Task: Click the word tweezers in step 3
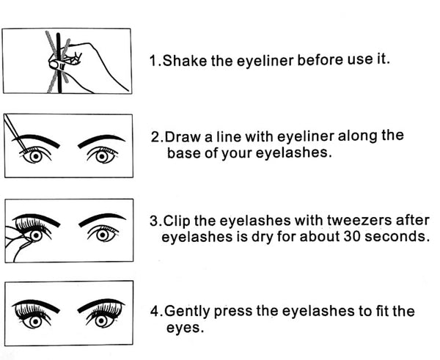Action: tap(365, 219)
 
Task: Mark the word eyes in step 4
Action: tap(183, 328)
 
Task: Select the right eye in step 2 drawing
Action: tap(103, 155)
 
